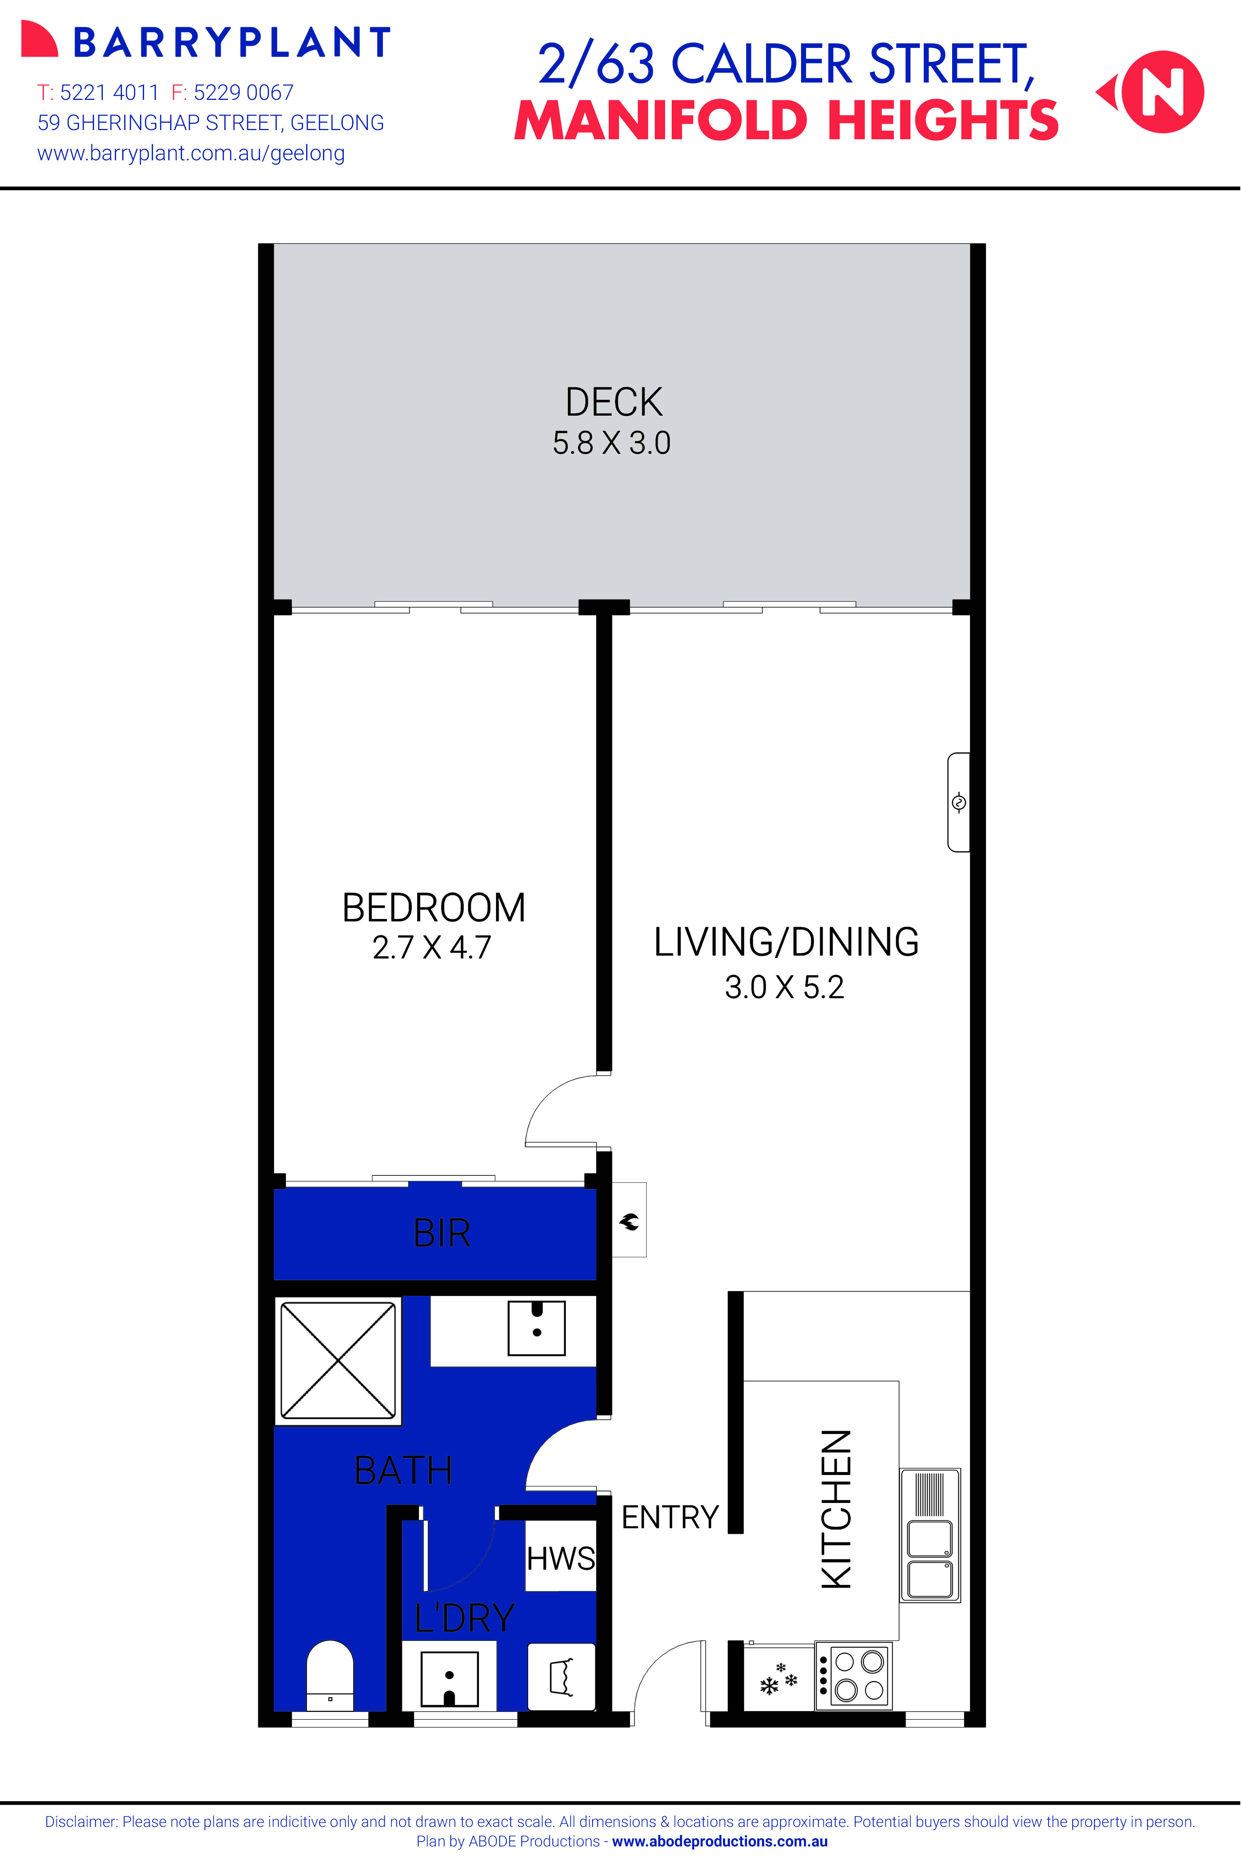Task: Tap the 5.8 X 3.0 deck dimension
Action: [x=612, y=443]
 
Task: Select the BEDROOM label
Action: [x=434, y=908]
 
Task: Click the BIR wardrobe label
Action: [x=442, y=1233]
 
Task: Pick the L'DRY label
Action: [x=465, y=1618]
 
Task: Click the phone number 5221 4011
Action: [x=110, y=92]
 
